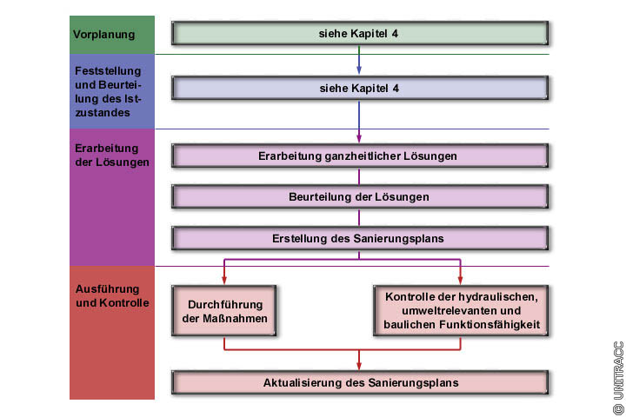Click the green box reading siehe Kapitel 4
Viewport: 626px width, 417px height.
coord(360,34)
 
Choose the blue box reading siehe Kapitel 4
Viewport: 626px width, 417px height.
coord(360,88)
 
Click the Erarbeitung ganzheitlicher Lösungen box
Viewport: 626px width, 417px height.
coord(360,156)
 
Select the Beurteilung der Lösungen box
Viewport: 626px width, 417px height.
coord(360,197)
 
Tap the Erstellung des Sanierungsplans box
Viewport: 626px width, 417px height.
coord(360,238)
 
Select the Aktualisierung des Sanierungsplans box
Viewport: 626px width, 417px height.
coord(360,382)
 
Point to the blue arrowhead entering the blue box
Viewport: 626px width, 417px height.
coord(360,71)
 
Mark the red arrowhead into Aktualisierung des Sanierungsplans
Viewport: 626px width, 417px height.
coord(360,366)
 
